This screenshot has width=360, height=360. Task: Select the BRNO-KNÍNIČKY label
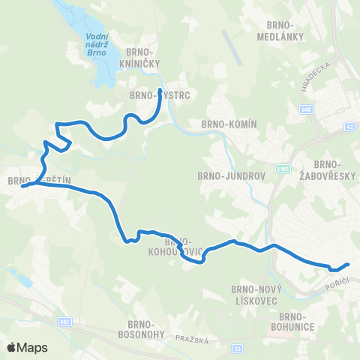coord(151,58)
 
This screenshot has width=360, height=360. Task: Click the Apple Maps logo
coord(27,347)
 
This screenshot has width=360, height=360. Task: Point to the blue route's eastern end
coord(348,264)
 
